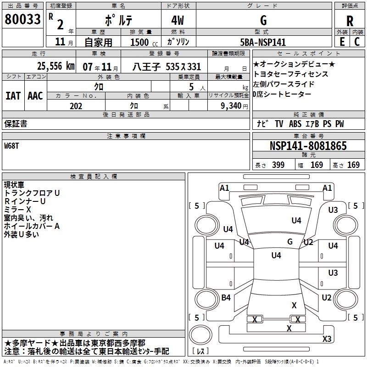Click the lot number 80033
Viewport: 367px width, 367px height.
(22, 19)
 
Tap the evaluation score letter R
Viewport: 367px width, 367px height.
(350, 21)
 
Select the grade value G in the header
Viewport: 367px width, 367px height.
(263, 20)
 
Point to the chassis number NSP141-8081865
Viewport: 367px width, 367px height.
(308, 146)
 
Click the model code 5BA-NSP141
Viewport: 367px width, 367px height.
(263, 42)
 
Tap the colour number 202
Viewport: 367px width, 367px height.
(76, 106)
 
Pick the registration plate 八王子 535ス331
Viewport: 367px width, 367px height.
(167, 67)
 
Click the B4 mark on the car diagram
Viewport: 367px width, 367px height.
(226, 298)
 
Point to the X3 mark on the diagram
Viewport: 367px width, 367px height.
(327, 339)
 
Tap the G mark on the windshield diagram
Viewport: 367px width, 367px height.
(290, 242)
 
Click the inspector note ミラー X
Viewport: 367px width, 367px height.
(17, 210)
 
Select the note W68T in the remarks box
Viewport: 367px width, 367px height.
(13, 146)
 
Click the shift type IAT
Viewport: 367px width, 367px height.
(13, 95)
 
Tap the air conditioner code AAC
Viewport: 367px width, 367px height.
(35, 95)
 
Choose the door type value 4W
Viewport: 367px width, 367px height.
(179, 20)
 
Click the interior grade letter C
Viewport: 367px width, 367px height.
(357, 42)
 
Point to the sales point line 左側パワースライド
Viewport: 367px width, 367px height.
(284, 84)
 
